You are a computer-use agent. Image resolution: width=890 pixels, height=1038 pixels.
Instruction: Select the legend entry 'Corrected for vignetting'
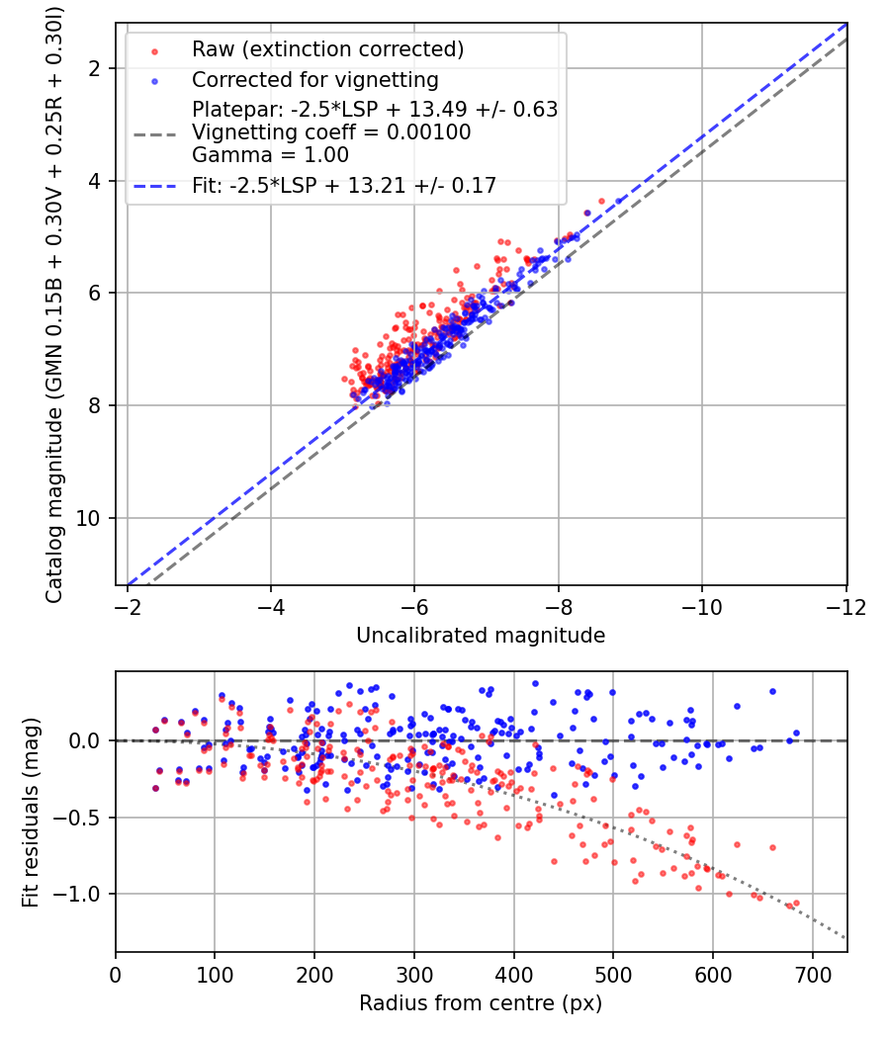pyautogui.click(x=315, y=79)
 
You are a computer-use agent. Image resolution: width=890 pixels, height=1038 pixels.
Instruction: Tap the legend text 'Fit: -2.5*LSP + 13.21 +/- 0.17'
pyautogui.click(x=344, y=185)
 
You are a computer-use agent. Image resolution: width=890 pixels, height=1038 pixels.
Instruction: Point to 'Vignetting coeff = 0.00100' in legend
pyautogui.click(x=331, y=132)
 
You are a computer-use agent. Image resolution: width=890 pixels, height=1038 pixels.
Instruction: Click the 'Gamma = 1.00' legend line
pyautogui.click(x=253, y=154)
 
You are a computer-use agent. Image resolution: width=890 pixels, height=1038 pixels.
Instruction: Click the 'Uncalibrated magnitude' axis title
pyautogui.click(x=481, y=636)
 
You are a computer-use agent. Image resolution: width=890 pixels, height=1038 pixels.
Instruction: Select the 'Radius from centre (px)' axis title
pyautogui.click(x=481, y=1003)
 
